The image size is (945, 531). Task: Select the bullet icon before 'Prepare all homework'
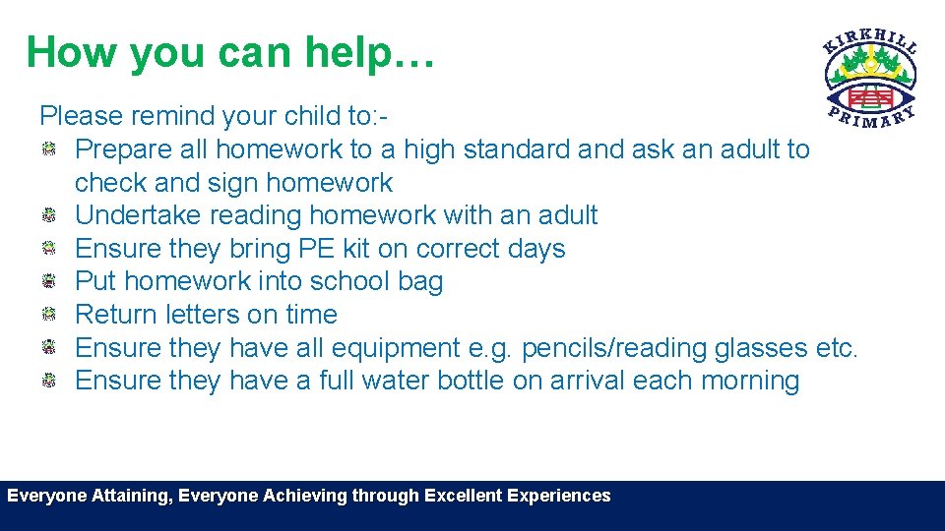pyautogui.click(x=48, y=149)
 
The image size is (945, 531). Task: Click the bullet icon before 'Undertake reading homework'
pyautogui.click(x=48, y=215)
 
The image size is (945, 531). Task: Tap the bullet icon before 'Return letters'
pyautogui.click(x=48, y=315)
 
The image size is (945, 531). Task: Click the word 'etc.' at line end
pyautogui.click(x=838, y=348)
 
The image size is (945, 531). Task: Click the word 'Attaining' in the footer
pyautogui.click(x=133, y=496)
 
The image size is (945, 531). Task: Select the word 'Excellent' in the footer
pyautogui.click(x=463, y=496)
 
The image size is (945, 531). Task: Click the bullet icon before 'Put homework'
pyautogui.click(x=48, y=281)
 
